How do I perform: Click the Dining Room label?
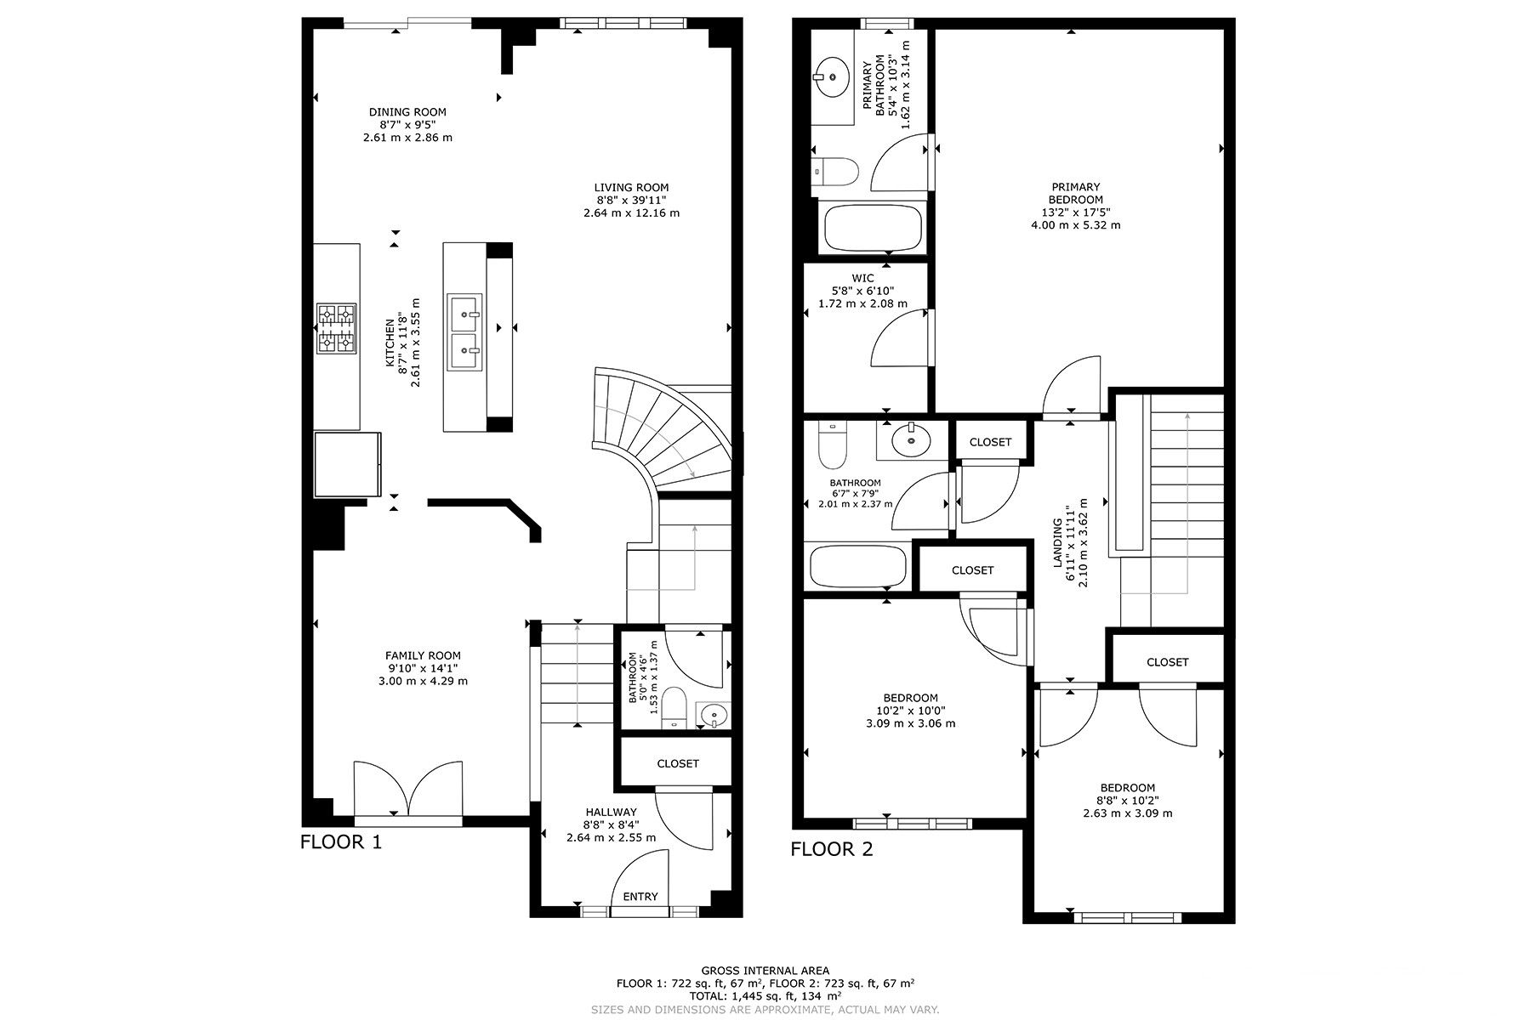coord(407,111)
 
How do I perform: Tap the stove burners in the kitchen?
coord(337,329)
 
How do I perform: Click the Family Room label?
coord(423,655)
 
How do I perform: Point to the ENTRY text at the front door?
coord(640,896)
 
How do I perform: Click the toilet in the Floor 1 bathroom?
coord(674,708)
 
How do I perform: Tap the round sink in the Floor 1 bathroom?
coord(712,716)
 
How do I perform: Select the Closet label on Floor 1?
coord(678,763)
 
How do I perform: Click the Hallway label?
coord(611,812)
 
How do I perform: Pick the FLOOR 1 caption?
coord(341,842)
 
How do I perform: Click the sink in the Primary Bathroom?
coord(830,76)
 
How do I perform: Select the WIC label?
coord(862,278)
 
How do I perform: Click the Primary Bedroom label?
coord(1076,193)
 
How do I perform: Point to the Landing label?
coord(1059,543)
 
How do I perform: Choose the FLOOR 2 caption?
coord(832,849)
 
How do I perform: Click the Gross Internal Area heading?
coord(765,971)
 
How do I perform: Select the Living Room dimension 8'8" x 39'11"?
coord(631,201)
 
